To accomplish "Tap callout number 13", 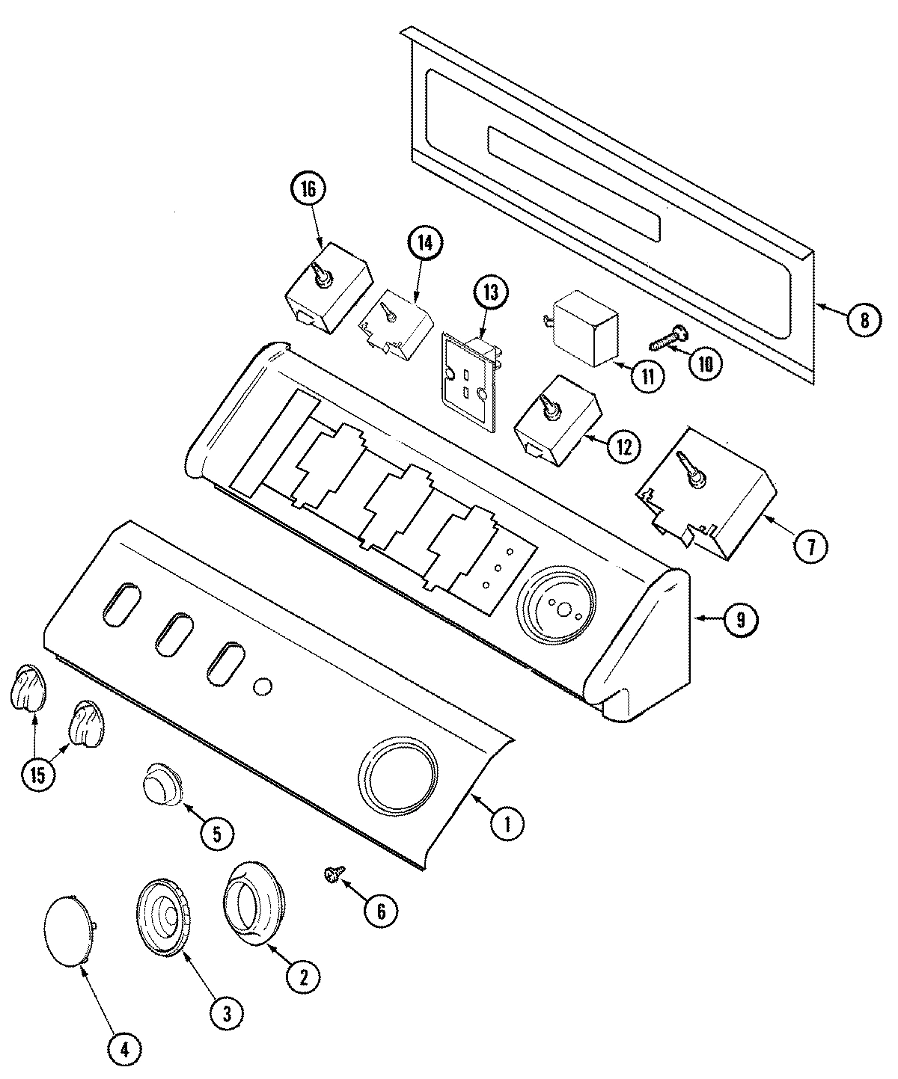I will click(x=495, y=292).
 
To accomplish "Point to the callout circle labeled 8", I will click(x=864, y=320).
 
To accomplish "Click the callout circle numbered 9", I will click(x=739, y=618).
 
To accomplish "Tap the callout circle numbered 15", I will click(x=37, y=774).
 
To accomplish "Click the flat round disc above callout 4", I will click(x=68, y=929).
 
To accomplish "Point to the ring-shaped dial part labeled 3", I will click(x=162, y=917).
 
